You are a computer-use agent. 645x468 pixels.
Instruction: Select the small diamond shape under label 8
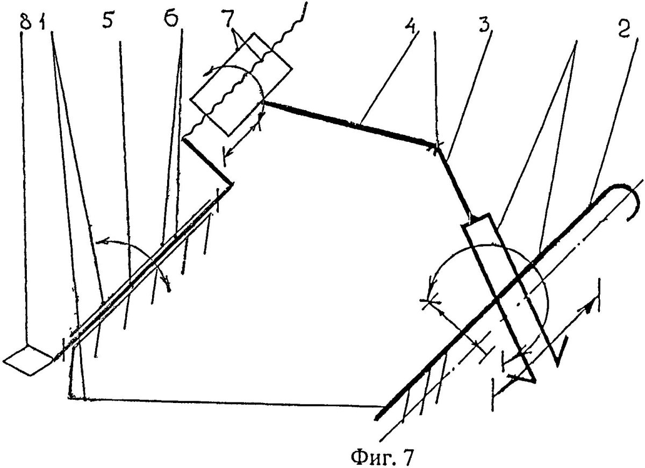pos(28,359)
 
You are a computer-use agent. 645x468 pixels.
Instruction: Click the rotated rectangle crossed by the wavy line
pos(241,84)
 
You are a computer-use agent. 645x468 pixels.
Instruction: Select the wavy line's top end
pos(306,3)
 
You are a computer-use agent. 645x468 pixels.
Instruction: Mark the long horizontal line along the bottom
pos(227,403)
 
